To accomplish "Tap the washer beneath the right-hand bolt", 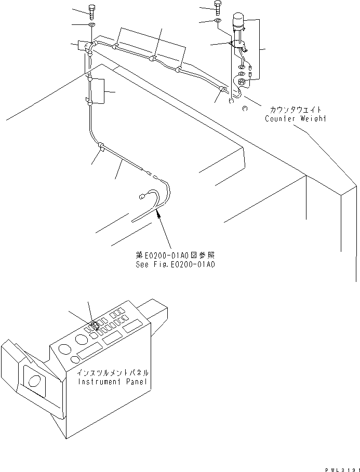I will (216, 21).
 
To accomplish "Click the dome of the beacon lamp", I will (239, 20).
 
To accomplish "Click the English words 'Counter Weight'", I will (295, 118).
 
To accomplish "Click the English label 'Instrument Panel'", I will (113, 382).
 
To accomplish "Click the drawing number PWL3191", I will (340, 468).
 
